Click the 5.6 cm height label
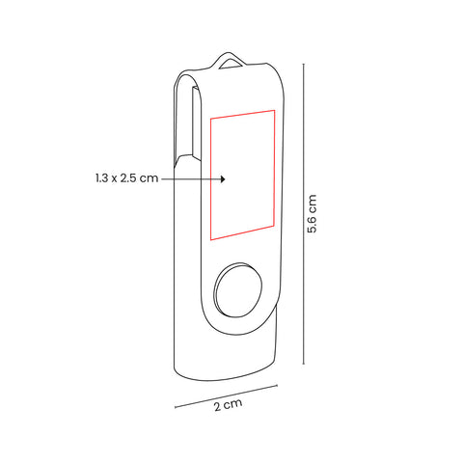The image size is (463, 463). [312, 213]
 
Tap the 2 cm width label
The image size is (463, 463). [228, 404]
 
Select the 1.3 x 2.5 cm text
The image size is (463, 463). [127, 178]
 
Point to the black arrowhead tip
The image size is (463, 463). [226, 179]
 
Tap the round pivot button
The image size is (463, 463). [238, 290]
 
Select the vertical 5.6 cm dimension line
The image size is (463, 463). [304, 214]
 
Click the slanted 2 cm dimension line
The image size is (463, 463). [226, 396]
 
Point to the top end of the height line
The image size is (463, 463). [304, 65]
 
